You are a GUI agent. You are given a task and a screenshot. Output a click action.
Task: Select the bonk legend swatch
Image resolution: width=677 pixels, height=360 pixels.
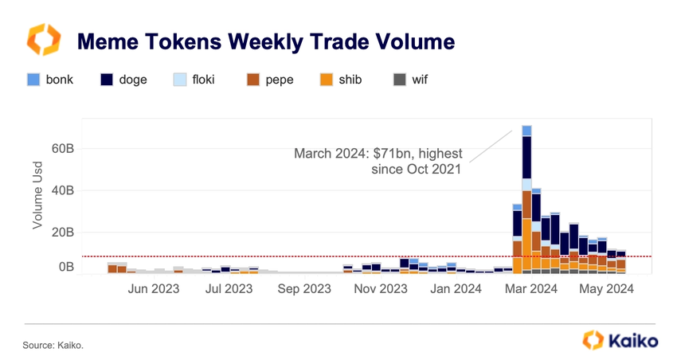pyautogui.click(x=33, y=80)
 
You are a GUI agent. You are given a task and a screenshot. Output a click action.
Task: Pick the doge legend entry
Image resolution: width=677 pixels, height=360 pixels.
pyautogui.click(x=123, y=80)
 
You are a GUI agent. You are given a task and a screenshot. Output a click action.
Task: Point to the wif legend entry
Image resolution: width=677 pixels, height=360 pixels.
pyautogui.click(x=410, y=80)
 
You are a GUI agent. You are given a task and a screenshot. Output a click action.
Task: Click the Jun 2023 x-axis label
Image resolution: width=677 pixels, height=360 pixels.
pyautogui.click(x=155, y=289)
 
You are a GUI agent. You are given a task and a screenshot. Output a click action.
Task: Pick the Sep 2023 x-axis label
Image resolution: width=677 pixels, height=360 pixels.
pyautogui.click(x=305, y=289)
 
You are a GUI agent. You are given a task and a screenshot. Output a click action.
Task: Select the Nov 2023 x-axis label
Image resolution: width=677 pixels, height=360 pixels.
pyautogui.click(x=381, y=289)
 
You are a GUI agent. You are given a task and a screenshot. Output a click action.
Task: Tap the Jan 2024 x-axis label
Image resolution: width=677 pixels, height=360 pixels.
pyautogui.click(x=456, y=289)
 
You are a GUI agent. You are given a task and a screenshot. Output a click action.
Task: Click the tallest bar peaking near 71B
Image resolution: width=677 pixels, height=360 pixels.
pyautogui.click(x=526, y=199)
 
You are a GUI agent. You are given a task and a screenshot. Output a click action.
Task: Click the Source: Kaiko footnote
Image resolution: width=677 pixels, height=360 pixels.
pyautogui.click(x=53, y=345)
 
